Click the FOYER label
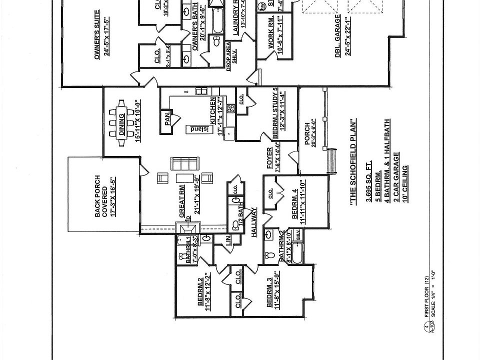269,159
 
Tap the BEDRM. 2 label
200,295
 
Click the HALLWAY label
254,223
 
